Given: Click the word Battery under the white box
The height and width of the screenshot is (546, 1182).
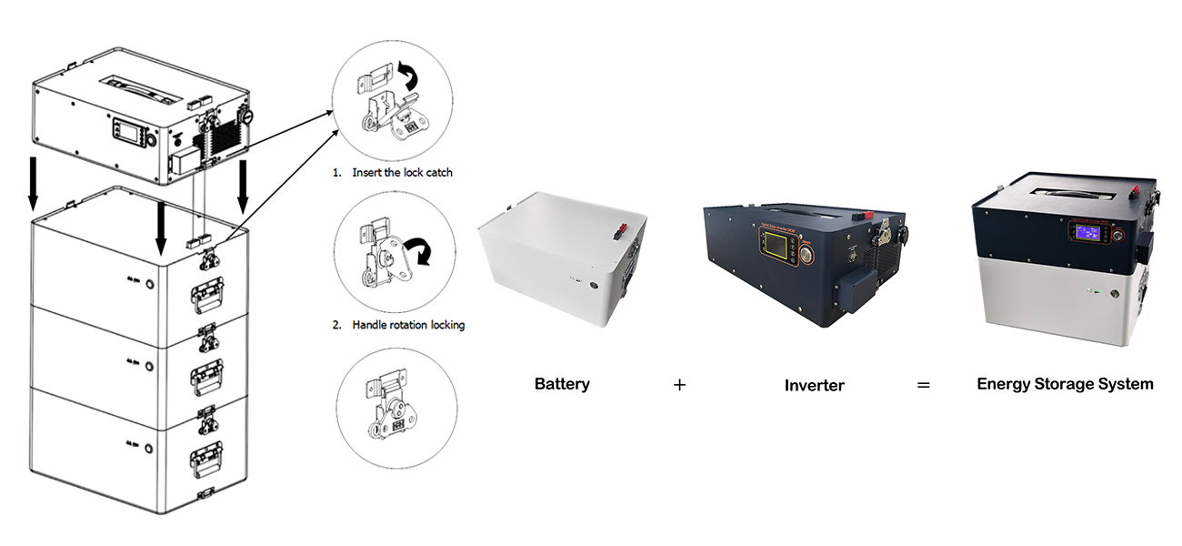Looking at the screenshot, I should tap(562, 384).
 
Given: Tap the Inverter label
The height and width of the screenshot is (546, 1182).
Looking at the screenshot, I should tap(814, 385).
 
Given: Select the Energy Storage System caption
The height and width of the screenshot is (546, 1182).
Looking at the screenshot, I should tap(1065, 384).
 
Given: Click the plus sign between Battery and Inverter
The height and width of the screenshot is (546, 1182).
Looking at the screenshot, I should tap(679, 385).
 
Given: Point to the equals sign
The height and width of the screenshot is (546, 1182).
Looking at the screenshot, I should tap(923, 385).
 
